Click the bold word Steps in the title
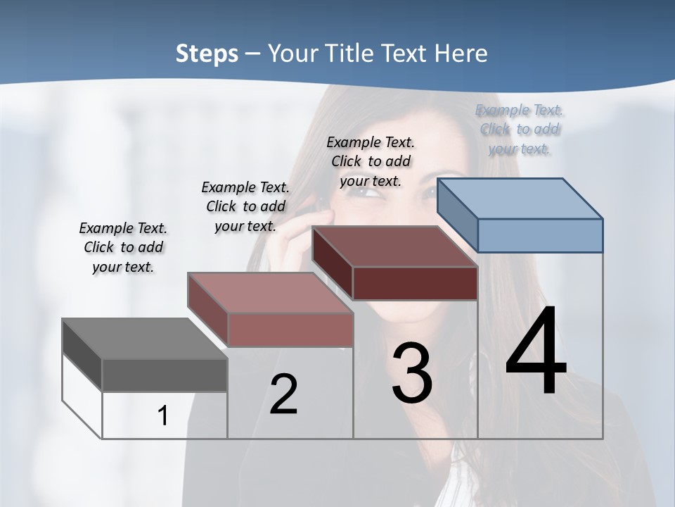pyautogui.click(x=207, y=54)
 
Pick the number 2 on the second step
pyautogui.click(x=283, y=394)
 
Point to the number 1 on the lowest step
pyautogui.click(x=163, y=415)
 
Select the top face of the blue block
pyautogui.click(x=520, y=198)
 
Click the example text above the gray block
pyautogui.click(x=123, y=247)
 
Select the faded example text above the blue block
pyautogui.click(x=520, y=129)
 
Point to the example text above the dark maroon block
pyautogui.click(x=371, y=161)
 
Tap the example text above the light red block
pyautogui.click(x=245, y=206)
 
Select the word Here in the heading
pyautogui.click(x=463, y=54)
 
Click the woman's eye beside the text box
pyautogui.click(x=359, y=192)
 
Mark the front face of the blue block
pyautogui.click(x=540, y=235)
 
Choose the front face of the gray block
pyautogui.click(x=165, y=375)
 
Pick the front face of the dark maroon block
pyautogui.click(x=415, y=283)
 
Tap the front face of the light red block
pyautogui.click(x=290, y=330)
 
